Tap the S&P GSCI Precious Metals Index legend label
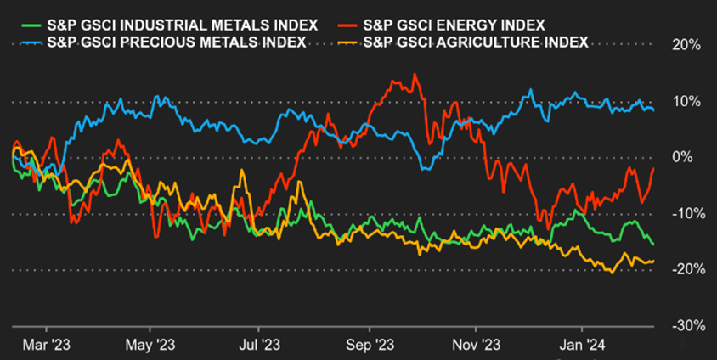click(176, 42)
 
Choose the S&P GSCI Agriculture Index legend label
click(475, 42)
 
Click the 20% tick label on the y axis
click(685, 46)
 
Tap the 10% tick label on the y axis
click(685, 102)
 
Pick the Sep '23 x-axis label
click(371, 346)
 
